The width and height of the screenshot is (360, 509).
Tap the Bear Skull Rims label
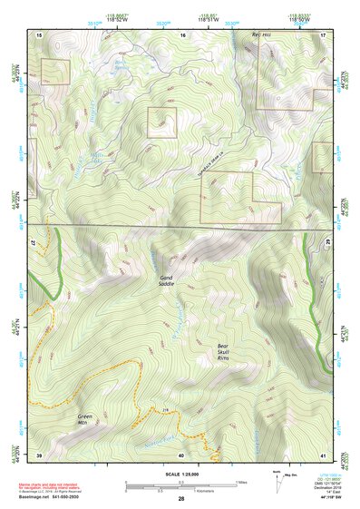(229, 353)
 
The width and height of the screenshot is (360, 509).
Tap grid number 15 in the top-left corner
(40, 34)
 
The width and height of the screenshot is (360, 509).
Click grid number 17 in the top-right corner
(323, 34)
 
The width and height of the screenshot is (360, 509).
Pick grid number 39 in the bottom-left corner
(39, 455)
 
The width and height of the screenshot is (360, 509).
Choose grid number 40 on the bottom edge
(181, 455)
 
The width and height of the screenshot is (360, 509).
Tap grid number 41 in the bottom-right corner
(323, 455)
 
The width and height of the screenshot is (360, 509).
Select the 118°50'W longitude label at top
(298, 19)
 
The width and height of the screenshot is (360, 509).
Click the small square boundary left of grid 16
(162, 122)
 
